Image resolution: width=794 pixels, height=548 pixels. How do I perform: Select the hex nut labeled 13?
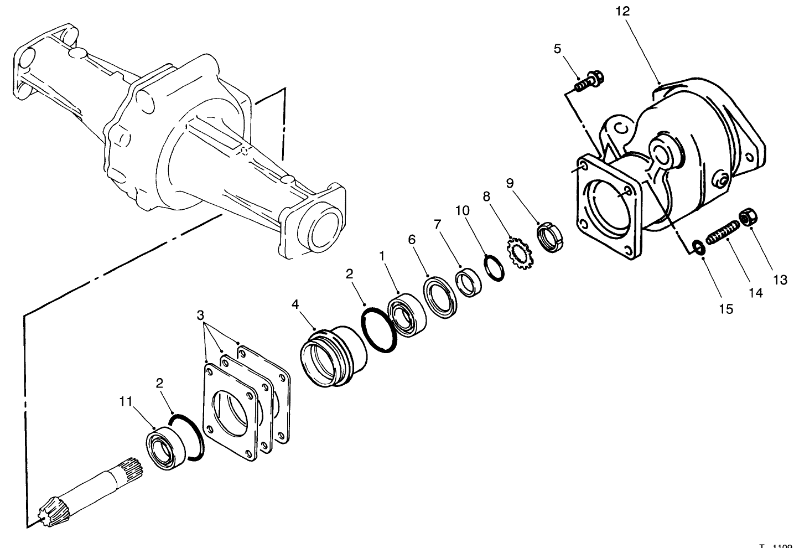coord(748,218)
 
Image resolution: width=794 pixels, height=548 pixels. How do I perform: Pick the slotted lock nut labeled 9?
coord(550,238)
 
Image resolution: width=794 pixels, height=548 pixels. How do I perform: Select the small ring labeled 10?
coord(494,267)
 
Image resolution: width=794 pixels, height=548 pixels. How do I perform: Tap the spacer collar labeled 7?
coord(468,282)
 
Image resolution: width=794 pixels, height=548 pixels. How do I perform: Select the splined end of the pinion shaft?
coord(131,470)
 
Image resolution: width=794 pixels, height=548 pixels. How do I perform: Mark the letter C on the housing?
coord(622,128)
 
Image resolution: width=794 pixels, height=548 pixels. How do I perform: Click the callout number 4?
coord(295,304)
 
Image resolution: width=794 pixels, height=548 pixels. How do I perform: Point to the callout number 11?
coord(126,401)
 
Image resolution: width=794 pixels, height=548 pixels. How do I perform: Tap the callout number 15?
coord(726,309)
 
